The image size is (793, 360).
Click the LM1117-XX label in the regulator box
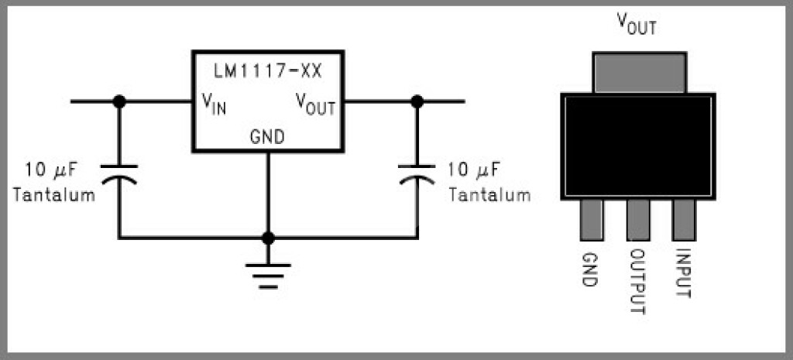pos(267,71)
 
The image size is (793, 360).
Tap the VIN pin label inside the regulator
pos(214,105)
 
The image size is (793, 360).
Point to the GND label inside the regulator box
pos(267,136)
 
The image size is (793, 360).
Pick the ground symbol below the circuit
pos(268,276)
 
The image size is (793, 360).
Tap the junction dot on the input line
pos(119,101)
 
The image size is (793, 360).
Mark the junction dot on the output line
pos(417,101)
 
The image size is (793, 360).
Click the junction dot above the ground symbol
pos(268,238)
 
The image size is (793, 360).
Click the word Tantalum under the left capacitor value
pos(54,194)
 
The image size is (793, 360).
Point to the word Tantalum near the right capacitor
pos(490,194)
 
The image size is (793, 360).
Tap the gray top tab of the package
pos(639,72)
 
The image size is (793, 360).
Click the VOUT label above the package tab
pos(637,24)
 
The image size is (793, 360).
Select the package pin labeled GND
pos(592,220)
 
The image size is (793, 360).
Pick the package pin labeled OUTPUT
pos(638,220)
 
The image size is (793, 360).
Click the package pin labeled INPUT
pos(684,220)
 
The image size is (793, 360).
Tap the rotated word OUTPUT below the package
pos(638,282)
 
